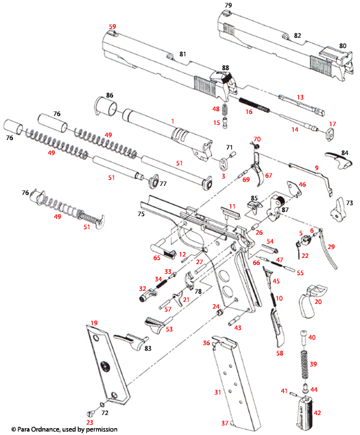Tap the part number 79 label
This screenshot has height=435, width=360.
pyautogui.click(x=228, y=5)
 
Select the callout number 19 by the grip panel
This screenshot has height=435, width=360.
pyautogui.click(x=93, y=322)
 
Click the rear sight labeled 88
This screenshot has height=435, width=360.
pyautogui.click(x=226, y=85)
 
